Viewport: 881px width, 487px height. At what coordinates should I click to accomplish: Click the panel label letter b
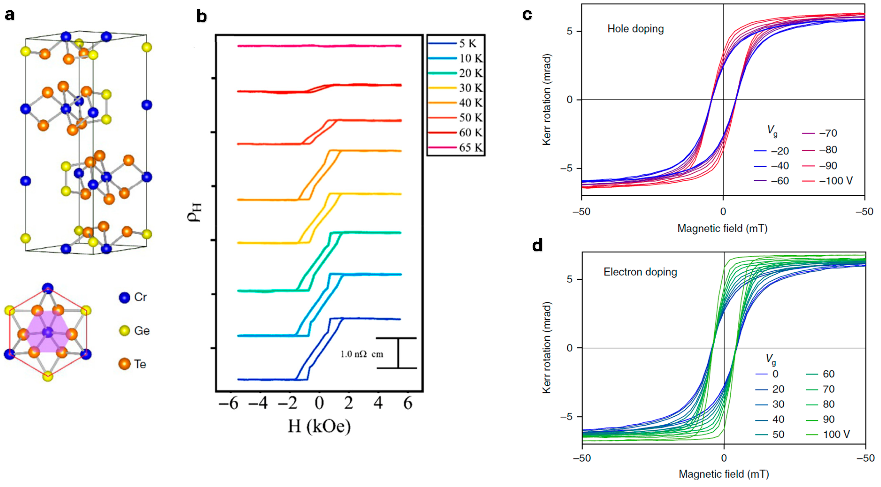pyautogui.click(x=202, y=16)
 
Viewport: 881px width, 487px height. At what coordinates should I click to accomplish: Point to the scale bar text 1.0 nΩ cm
pyautogui.click(x=362, y=354)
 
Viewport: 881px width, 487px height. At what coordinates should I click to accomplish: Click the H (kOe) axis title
pyautogui.click(x=319, y=427)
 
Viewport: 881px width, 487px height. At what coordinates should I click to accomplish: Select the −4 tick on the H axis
pyautogui.click(x=258, y=403)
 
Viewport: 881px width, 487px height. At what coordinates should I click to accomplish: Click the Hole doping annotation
pyautogui.click(x=635, y=29)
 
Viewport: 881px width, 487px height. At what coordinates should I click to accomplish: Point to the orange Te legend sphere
pyautogui.click(x=125, y=364)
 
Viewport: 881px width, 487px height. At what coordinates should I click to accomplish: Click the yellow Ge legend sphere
pyautogui.click(x=125, y=330)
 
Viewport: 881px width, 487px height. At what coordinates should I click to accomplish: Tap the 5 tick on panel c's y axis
pyautogui.click(x=569, y=31)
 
